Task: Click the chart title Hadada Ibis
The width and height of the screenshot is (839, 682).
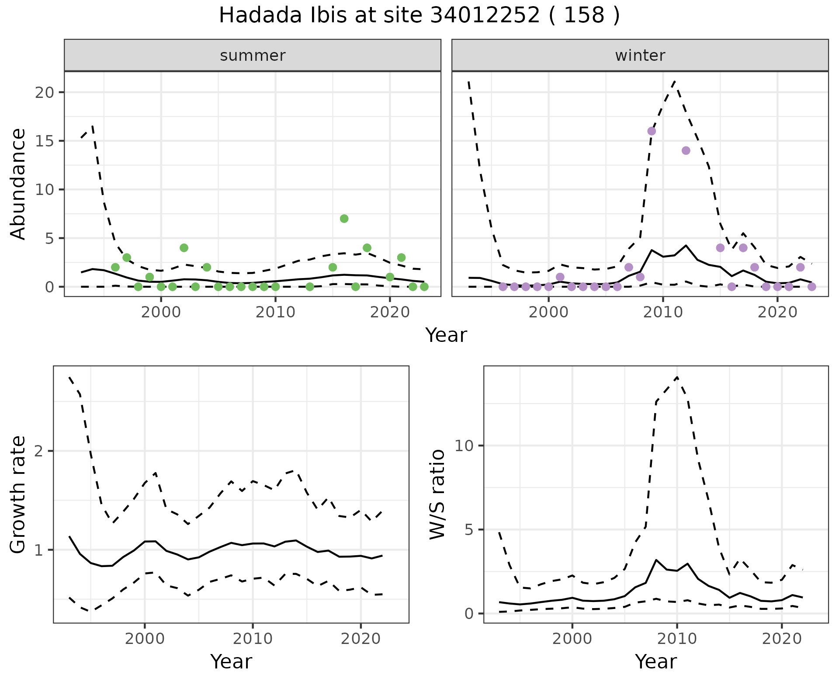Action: coord(419,16)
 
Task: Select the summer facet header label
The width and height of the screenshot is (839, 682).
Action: coord(253,56)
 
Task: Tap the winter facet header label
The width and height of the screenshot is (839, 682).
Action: coord(640,56)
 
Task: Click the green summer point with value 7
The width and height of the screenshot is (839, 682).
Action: coord(344,219)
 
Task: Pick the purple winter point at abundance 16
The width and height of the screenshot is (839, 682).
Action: coord(652,131)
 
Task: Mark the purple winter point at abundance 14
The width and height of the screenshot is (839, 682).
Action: coord(686,150)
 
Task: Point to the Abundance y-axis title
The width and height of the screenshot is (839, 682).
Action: coord(18,184)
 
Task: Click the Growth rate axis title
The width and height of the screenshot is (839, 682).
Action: coord(18,494)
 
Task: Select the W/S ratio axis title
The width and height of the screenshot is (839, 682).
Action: coord(437,494)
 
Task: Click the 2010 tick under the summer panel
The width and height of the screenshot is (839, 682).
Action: coord(275,312)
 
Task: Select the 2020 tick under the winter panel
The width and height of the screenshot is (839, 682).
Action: coord(777,312)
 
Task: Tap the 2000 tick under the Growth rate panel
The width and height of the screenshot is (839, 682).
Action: coord(145,639)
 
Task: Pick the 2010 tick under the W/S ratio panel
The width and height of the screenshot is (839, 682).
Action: coord(677,639)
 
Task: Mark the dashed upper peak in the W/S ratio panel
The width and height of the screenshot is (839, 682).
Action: coord(677,377)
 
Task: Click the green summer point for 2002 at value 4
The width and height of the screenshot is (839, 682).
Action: coord(184,248)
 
